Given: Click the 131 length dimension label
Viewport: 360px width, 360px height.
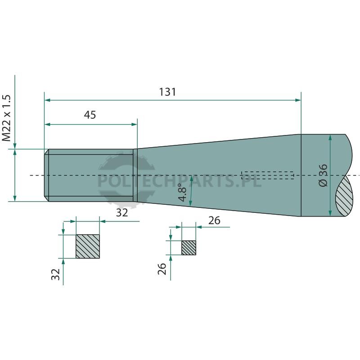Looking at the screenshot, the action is tap(167, 92).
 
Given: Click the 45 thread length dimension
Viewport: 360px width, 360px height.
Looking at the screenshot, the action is tap(90, 115).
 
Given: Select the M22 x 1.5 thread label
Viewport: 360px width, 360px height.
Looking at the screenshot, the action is tap(6, 118).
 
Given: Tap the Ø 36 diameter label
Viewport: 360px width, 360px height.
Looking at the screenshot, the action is tap(323, 175).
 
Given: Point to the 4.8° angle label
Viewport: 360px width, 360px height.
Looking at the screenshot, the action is tap(183, 193).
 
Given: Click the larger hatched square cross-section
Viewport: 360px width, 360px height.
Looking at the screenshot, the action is tap(88, 246).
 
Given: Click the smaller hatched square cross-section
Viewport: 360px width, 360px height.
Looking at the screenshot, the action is tap(189, 248).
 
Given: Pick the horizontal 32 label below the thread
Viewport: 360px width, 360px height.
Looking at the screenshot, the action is tap(122, 213).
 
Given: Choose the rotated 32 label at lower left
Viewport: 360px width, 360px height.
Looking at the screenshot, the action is tap(55, 274).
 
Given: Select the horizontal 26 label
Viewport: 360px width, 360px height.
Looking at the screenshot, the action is tap(215, 220).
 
